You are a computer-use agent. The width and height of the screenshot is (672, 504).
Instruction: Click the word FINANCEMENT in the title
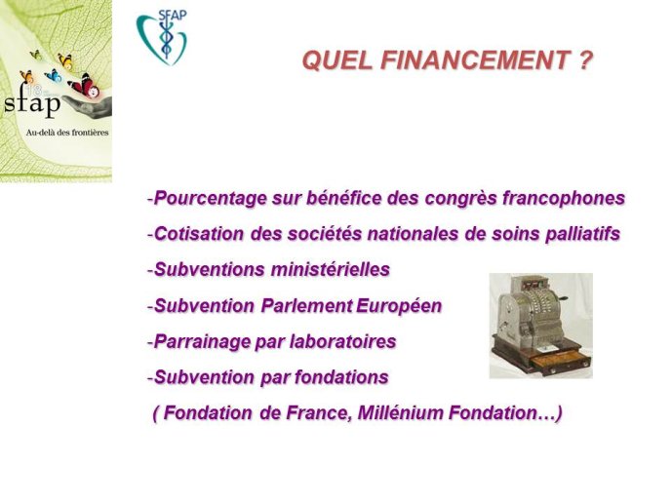476,59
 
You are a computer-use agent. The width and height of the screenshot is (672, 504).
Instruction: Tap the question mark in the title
585,59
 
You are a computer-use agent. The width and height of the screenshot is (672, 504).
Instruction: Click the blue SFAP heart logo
162,37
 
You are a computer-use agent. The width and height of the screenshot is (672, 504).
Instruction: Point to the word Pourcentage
210,198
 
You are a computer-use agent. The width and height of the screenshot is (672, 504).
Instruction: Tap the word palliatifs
582,234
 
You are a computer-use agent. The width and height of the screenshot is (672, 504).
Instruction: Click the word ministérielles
331,270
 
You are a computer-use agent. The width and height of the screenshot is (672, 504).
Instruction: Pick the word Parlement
306,306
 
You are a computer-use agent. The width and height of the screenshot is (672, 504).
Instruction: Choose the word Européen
399,306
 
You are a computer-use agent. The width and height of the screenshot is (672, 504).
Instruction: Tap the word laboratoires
343,342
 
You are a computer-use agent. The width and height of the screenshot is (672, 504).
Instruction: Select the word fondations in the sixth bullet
341,377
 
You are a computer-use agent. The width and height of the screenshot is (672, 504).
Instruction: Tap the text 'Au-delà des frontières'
67,133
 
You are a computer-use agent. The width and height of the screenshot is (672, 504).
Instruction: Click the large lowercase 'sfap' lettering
32,103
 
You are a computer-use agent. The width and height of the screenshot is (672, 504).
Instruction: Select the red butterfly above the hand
86,86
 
